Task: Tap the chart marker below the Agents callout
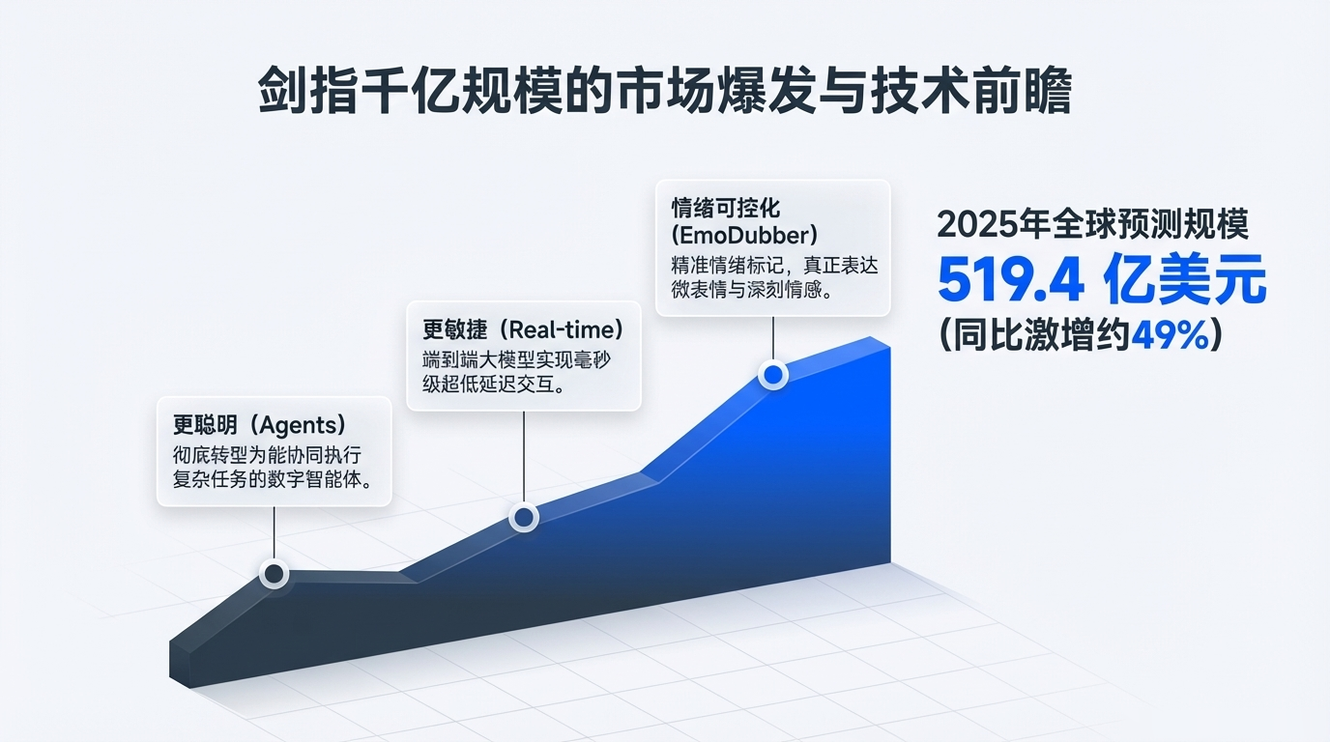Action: [x=275, y=574]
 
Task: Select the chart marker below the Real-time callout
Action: [x=523, y=518]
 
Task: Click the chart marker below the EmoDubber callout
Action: [x=773, y=373]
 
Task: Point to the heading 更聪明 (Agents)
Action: [x=259, y=425]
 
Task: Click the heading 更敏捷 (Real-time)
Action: [x=521, y=328]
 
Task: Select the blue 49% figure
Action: [x=1169, y=335]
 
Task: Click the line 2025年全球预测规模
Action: [x=1093, y=225]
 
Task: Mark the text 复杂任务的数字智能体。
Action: [x=274, y=480]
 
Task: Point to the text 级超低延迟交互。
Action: [x=494, y=385]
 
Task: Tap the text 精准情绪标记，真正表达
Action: [x=773, y=264]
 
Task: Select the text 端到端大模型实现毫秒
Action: [x=519, y=359]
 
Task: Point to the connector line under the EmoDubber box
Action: [x=773, y=338]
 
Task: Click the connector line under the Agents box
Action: [x=275, y=533]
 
